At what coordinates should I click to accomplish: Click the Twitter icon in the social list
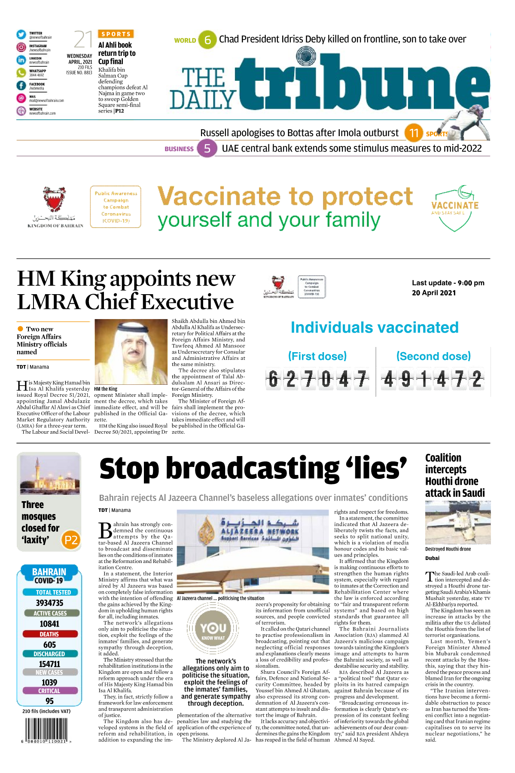[x=21, y=35]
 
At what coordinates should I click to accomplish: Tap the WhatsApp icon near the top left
[x=21, y=73]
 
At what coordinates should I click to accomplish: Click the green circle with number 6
[x=207, y=40]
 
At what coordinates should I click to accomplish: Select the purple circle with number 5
[x=207, y=149]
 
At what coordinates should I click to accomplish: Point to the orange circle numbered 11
[x=414, y=133]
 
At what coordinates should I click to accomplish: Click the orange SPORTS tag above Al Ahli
[x=116, y=34]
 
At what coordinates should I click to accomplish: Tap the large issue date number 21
[x=83, y=40]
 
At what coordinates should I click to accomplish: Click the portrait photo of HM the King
[x=131, y=351]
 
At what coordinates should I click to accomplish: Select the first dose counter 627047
[x=317, y=380]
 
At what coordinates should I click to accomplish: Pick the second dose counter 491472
[x=433, y=380]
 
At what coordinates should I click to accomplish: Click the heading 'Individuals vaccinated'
[x=374, y=328]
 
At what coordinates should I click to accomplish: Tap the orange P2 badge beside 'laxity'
[x=71, y=540]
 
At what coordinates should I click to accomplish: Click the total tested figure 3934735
[x=49, y=603]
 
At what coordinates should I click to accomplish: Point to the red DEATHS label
[x=49, y=634]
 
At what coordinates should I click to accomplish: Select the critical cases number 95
[x=49, y=701]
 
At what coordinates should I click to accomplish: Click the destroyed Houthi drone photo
[x=457, y=523]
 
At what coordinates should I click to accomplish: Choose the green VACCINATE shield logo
[x=455, y=208]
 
